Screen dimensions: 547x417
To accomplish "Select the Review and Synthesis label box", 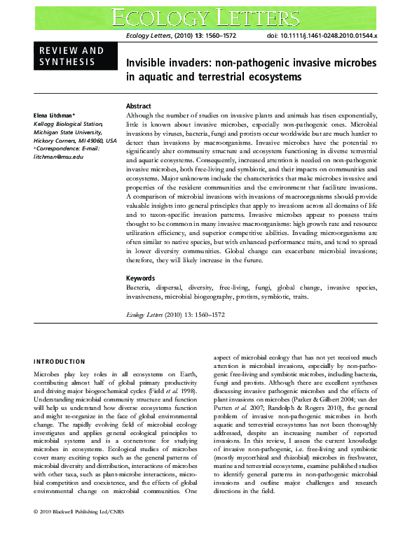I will [x=71, y=57].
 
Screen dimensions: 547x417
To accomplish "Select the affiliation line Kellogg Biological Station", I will [x=69, y=123].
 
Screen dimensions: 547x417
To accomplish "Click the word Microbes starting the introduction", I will [x=48, y=375].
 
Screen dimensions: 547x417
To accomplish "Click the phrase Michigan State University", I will [x=69, y=131].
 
